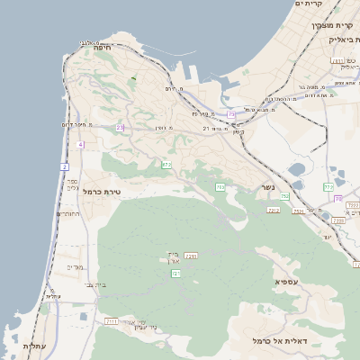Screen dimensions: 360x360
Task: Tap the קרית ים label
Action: pyautogui.click(x=309, y=4)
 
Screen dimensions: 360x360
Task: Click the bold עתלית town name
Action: pyautogui.click(x=33, y=346)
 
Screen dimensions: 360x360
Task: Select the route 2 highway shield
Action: pyautogui.click(x=65, y=166)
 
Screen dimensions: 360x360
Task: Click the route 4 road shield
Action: pyautogui.click(x=80, y=144)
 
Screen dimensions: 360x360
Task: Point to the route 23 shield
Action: pyautogui.click(x=120, y=128)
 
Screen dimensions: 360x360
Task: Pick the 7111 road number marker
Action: pyautogui.click(x=112, y=320)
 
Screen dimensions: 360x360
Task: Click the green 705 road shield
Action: pyautogui.click(x=220, y=187)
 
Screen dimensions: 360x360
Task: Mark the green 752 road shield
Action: pyautogui.click(x=284, y=196)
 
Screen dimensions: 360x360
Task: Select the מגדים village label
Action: pyautogui.click(x=75, y=267)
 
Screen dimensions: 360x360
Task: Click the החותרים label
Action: pyautogui.click(x=68, y=214)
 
